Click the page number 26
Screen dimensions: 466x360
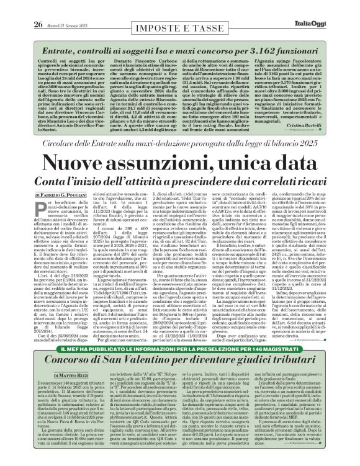[20, 7]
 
